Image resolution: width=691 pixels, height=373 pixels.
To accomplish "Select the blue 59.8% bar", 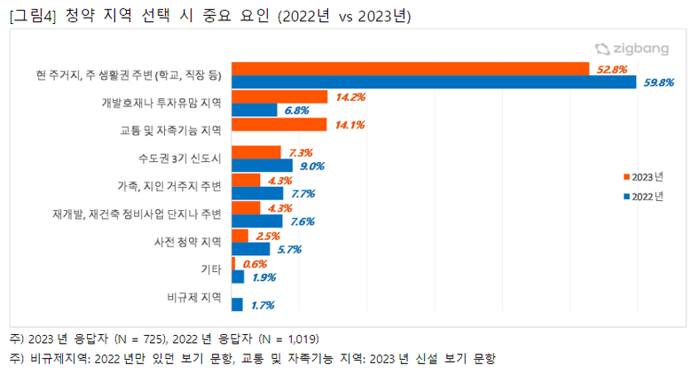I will tap(434, 82).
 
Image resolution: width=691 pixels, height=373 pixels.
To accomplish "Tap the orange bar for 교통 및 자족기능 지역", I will tap(279, 125).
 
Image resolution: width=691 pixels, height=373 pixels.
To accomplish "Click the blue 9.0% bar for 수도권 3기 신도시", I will tap(262, 166).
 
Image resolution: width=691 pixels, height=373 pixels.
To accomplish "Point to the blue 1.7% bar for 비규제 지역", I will tap(237, 305).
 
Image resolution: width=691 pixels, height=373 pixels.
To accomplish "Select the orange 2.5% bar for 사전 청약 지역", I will tap(239, 236).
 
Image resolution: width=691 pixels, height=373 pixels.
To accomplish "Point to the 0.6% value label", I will tap(255, 264).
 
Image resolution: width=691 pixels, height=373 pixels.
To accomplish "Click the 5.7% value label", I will tap(290, 250).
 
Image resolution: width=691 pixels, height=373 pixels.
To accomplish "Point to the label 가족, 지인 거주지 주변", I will tap(169, 186).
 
